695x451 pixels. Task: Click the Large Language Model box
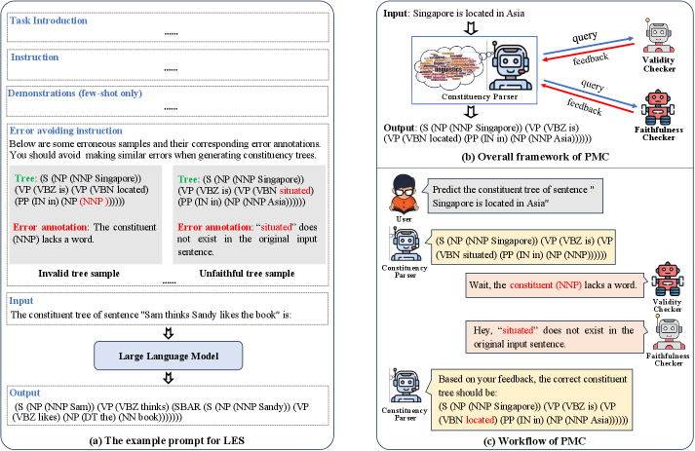click(x=167, y=355)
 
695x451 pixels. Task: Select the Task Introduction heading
click(x=43, y=12)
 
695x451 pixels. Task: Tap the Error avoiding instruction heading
click(x=64, y=130)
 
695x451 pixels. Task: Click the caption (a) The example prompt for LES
click(x=174, y=440)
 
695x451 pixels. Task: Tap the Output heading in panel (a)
click(x=27, y=392)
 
